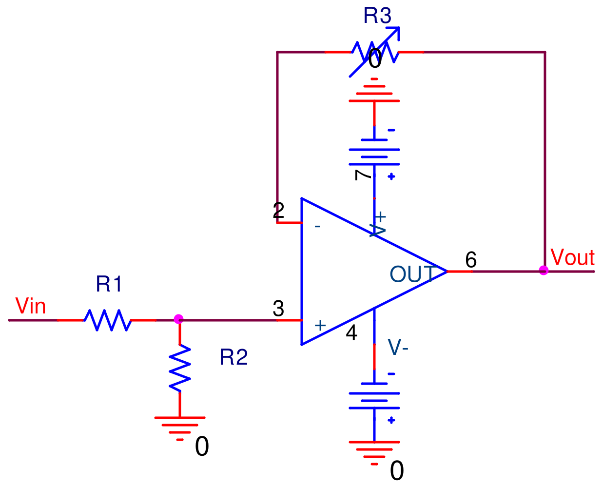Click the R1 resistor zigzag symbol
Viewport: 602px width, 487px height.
click(107, 320)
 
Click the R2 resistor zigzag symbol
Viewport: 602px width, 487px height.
click(180, 368)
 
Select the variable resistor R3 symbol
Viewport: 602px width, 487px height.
click(375, 52)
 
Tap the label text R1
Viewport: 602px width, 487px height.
click(109, 284)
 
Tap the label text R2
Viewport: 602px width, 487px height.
click(233, 357)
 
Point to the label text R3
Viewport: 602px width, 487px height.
click(377, 16)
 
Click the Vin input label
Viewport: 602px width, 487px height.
click(31, 307)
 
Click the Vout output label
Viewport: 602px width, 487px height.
click(572, 257)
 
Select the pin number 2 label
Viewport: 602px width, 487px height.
click(278, 211)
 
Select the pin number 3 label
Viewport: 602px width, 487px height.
click(278, 309)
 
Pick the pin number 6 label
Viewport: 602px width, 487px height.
click(470, 260)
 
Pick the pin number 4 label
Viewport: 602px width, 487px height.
click(351, 333)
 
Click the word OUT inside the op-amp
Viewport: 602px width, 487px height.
click(412, 274)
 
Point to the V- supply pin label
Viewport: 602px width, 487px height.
click(398, 347)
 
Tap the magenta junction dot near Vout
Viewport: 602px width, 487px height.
click(544, 271)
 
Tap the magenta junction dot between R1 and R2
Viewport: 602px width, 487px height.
click(178, 319)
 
